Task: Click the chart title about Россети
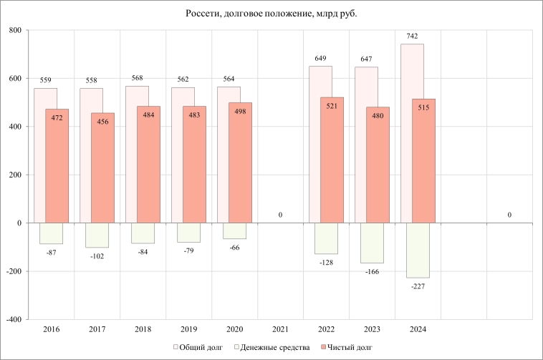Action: click(x=271, y=14)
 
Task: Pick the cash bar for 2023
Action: click(x=372, y=243)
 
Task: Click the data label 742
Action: click(x=412, y=36)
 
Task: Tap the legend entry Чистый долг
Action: click(x=348, y=348)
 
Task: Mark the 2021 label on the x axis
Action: click(x=280, y=330)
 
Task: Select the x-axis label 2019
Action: click(x=188, y=330)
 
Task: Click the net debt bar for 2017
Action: click(x=102, y=167)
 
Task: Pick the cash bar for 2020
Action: click(x=234, y=230)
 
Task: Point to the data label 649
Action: click(x=320, y=58)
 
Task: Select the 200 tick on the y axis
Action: click(x=14, y=175)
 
